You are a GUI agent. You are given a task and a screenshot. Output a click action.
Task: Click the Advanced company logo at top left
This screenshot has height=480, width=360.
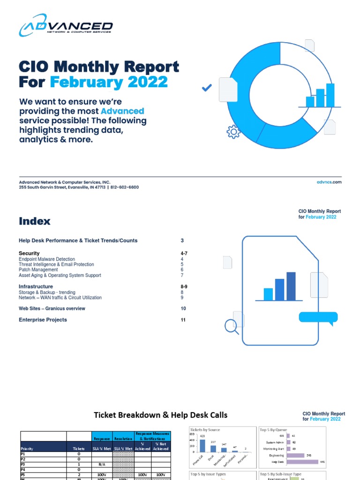click(x=66, y=26)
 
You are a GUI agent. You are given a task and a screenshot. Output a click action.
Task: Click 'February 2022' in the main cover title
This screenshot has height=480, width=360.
click(x=109, y=82)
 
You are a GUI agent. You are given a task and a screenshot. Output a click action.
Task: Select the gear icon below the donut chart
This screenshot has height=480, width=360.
click(x=233, y=132)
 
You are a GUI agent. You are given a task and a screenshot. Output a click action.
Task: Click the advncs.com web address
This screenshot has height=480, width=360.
click(x=330, y=182)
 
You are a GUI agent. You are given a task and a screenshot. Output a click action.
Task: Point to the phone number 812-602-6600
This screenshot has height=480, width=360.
click(x=125, y=187)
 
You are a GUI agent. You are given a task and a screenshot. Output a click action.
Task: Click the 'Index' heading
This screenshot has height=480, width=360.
click(x=35, y=221)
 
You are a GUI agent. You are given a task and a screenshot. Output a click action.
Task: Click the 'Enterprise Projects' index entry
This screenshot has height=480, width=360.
click(x=43, y=320)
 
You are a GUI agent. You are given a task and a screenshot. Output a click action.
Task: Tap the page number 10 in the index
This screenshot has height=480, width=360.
click(x=183, y=308)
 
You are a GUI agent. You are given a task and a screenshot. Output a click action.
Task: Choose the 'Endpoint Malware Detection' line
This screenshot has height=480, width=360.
click(x=47, y=259)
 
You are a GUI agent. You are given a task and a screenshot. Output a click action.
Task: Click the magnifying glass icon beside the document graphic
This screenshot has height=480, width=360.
click(x=231, y=325)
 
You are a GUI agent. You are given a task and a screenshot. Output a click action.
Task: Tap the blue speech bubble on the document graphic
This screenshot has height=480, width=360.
click(x=318, y=318)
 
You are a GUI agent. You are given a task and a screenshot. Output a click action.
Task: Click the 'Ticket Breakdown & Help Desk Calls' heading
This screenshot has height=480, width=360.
click(x=160, y=415)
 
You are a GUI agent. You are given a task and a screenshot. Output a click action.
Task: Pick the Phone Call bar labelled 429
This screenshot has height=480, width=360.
click(x=202, y=445)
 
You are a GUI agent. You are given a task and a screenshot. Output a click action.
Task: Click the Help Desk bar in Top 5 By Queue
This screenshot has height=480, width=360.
click(x=302, y=462)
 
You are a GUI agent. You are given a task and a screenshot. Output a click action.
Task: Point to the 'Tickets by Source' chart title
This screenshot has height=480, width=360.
click(x=205, y=430)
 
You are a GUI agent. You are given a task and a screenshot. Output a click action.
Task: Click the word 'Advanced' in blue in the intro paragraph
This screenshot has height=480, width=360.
click(x=122, y=111)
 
